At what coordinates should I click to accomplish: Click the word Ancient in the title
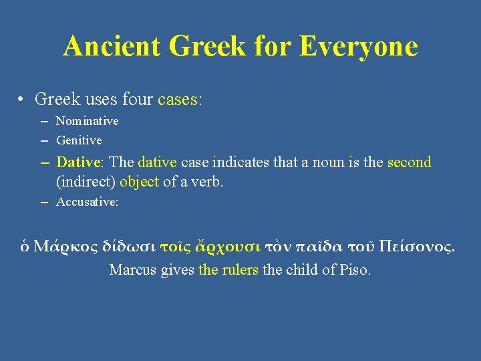112,46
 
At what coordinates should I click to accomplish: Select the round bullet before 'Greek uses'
22,100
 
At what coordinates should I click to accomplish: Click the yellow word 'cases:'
180,100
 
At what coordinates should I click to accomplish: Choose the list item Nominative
87,121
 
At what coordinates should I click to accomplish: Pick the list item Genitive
79,140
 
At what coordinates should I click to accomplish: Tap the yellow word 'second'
410,162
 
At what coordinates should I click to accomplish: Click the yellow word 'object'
139,182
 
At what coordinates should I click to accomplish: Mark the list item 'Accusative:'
87,202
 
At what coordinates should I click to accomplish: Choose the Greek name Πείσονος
416,246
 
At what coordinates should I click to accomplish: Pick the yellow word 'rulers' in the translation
240,270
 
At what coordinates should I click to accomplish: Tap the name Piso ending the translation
355,270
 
